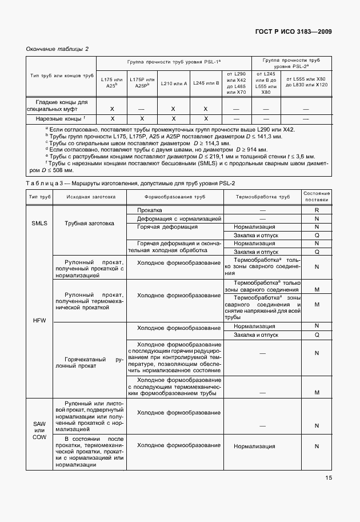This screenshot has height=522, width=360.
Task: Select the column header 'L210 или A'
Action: coord(173,83)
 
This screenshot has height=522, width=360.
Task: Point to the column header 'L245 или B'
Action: coord(206,83)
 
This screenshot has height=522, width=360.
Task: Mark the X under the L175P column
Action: coord(142,118)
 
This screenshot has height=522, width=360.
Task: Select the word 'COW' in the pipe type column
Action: coord(39,437)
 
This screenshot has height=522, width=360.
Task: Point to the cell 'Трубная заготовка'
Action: coord(90,223)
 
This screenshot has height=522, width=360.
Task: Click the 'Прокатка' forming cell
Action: coord(149,210)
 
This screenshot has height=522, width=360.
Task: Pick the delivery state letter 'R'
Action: coord(316,210)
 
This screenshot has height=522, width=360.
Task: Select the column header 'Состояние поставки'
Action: coord(316,197)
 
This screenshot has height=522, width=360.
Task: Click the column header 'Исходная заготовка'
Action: coord(90,197)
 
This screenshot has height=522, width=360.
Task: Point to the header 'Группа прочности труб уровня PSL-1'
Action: coord(174,61)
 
